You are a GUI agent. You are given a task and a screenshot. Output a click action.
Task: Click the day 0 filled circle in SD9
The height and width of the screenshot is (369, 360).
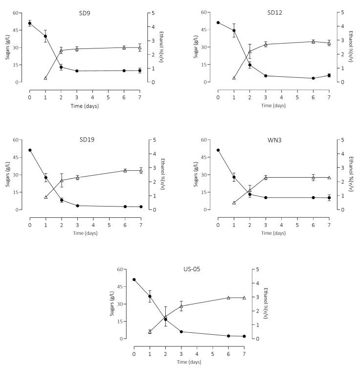[30, 23]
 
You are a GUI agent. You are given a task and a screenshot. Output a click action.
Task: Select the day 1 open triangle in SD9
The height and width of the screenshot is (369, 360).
[45, 78]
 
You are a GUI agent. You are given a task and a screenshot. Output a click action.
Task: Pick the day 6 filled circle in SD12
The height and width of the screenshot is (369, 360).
[313, 78]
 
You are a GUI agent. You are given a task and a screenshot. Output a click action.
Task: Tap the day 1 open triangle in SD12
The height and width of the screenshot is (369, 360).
[234, 78]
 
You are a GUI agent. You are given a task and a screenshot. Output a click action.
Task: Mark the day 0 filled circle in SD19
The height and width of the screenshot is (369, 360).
[30, 150]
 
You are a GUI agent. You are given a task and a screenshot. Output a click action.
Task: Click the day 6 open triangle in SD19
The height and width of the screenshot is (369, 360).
[125, 170]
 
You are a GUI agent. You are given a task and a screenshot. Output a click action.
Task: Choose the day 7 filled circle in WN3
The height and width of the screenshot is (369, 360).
[329, 198]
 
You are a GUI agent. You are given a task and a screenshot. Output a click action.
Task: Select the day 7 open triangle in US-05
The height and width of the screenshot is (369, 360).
[244, 298]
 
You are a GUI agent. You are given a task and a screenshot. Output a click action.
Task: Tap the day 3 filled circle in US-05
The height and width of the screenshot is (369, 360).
[181, 332]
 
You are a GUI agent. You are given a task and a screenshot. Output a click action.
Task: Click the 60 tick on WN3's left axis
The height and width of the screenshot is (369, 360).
[204, 140]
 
